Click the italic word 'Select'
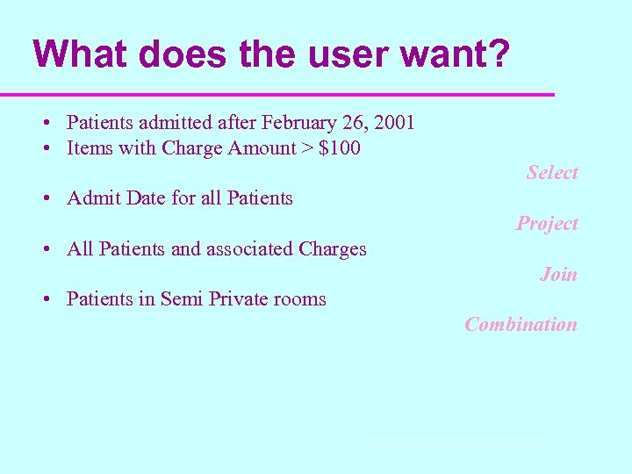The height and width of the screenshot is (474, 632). tap(552, 173)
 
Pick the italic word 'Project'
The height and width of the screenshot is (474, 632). tap(547, 224)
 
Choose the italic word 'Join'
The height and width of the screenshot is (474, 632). tap(558, 275)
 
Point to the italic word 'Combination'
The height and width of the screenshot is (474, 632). tap(521, 325)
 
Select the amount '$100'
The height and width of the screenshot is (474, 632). tap(340, 147)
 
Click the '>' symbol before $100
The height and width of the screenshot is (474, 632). tap(307, 148)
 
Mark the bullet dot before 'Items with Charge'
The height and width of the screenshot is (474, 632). tap(44, 148)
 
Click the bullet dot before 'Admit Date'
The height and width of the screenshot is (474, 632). tap(44, 198)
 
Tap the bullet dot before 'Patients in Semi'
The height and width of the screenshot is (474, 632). tap(44, 299)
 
